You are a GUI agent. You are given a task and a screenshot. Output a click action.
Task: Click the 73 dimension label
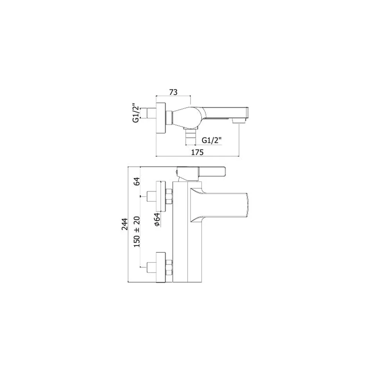tap(173, 92)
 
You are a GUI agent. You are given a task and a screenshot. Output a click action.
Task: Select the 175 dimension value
tap(197, 152)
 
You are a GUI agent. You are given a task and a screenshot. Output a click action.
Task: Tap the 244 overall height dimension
tap(124, 224)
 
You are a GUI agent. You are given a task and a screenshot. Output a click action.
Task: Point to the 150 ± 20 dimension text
tap(137, 232)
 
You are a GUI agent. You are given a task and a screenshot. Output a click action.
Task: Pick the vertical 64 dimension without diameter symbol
tap(137, 181)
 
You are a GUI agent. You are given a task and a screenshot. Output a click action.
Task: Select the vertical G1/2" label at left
tap(135, 113)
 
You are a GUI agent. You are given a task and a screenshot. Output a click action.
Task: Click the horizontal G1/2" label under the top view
tap(212, 140)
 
